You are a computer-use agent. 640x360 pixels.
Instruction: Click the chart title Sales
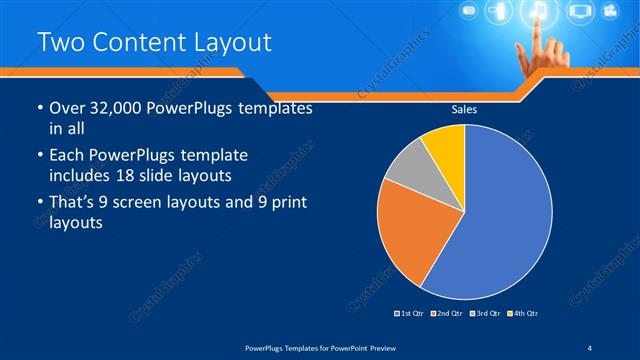click(x=464, y=110)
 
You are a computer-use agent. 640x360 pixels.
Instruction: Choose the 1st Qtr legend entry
click(x=411, y=314)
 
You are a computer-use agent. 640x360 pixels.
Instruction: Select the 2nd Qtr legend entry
click(x=447, y=314)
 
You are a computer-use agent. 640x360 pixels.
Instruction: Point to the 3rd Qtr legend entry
click(x=484, y=314)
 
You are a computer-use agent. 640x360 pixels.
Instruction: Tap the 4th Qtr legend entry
click(x=521, y=314)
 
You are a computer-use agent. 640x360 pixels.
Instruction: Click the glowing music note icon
click(x=537, y=13)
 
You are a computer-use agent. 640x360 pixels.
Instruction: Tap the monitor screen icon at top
click(x=580, y=13)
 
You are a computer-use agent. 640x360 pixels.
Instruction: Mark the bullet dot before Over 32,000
click(x=39, y=109)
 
